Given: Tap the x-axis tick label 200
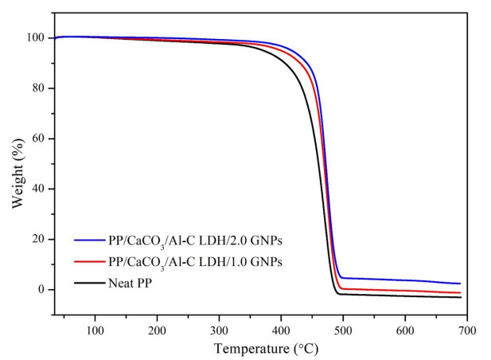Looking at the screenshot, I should (x=157, y=330).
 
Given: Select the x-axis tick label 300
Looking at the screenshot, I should (x=219, y=330).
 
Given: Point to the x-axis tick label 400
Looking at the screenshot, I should (x=281, y=330).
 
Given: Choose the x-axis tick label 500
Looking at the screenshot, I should (x=343, y=330).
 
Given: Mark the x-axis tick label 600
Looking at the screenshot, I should (x=405, y=330).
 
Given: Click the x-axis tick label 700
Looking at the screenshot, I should (x=466, y=330).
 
